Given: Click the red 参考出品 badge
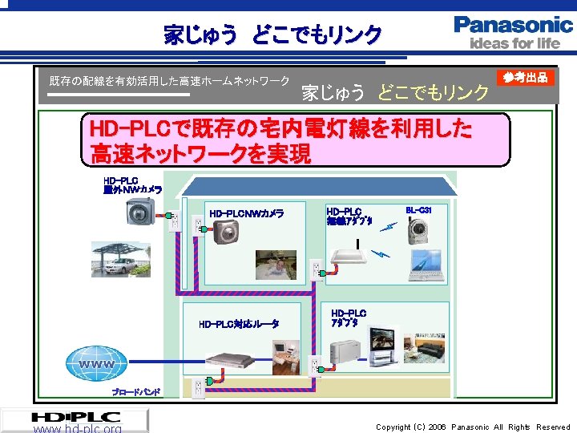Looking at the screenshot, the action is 526,78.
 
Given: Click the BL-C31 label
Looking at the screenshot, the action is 418,210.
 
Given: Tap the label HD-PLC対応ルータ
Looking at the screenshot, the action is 239,324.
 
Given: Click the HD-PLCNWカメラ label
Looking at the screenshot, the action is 246,214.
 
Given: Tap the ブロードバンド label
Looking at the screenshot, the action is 135,392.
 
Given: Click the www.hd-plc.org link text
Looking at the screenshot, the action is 78,428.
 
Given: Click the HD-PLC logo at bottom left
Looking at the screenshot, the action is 76,417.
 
